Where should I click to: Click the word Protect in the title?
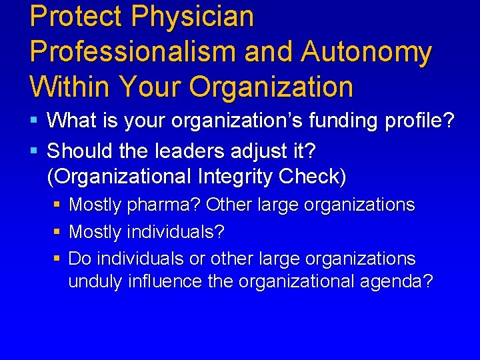(71, 17)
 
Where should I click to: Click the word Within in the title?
(71, 86)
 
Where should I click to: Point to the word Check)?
(310, 177)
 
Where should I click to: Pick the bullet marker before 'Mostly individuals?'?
(57, 233)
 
